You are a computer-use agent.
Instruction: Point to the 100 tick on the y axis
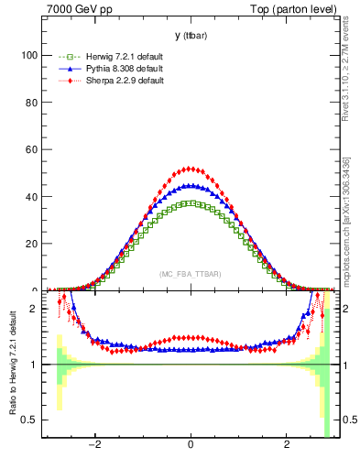tap(29, 55)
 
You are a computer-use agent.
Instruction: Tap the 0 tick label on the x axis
tap(191, 446)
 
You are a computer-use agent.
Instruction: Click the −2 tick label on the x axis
tap(93, 446)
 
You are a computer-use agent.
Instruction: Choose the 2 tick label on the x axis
tap(286, 446)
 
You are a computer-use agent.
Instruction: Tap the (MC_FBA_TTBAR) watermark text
tap(190, 275)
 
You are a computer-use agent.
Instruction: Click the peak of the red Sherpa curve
tap(190, 168)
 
